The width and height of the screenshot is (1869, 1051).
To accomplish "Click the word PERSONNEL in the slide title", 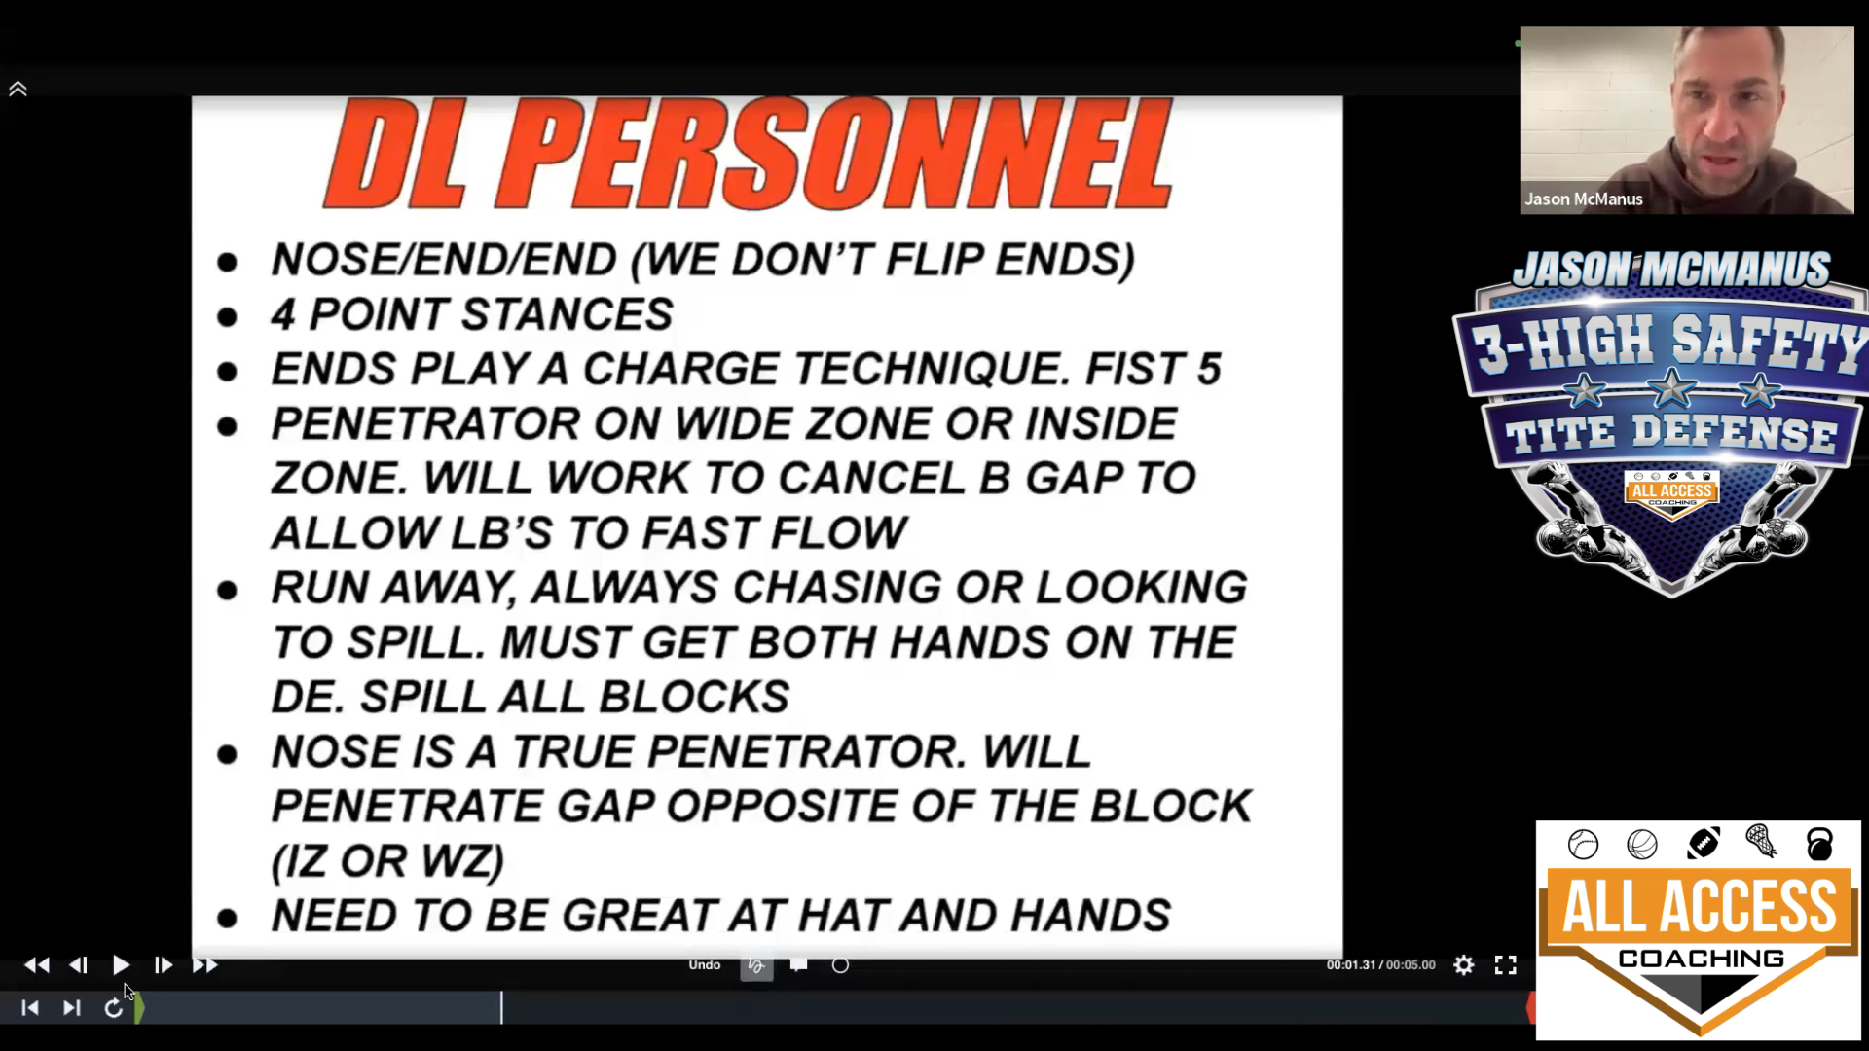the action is tap(834, 154).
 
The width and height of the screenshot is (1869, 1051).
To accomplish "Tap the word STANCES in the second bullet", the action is tap(567, 314).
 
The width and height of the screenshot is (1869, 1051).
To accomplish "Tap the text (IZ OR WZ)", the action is tap(387, 861).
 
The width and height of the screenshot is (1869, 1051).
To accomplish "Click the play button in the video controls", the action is tap(121, 965).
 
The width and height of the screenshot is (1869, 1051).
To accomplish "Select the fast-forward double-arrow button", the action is tap(204, 965).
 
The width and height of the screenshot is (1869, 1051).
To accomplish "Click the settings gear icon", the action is tap(1464, 965).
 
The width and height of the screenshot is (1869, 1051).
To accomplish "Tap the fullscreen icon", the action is tap(1506, 965).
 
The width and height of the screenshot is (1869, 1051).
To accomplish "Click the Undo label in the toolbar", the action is tap(705, 964).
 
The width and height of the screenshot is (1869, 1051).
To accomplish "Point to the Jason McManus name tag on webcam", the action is tap(1584, 199).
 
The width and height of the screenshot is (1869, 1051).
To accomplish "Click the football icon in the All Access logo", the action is tap(1703, 844).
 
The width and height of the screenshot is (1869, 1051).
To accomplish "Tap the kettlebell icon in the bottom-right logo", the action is tap(1819, 844).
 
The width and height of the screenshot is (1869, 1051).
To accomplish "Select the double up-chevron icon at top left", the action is tap(18, 90).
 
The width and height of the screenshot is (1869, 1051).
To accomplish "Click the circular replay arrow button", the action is tap(113, 1008).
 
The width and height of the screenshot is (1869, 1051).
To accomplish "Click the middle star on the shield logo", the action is tap(1671, 389).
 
